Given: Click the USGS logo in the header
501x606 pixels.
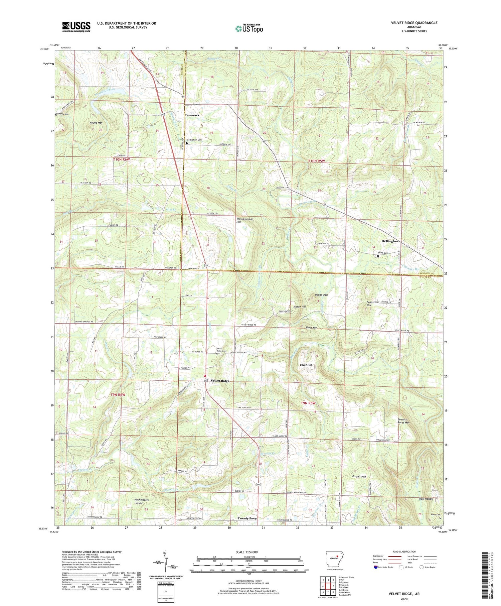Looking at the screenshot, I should tap(76, 26).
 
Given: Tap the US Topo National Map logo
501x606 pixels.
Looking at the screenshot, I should tap(249, 28).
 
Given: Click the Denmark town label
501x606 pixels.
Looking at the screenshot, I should tap(192, 115).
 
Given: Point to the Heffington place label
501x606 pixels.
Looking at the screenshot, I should tap(389, 241).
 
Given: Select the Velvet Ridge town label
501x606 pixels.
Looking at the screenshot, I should tap(220, 381).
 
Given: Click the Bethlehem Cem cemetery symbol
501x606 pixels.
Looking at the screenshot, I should tap(187, 143).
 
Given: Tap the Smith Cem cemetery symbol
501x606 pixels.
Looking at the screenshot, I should tap(378, 256).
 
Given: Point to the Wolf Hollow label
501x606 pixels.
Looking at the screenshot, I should tap(426, 499).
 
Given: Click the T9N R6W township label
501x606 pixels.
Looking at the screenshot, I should tap(118, 395).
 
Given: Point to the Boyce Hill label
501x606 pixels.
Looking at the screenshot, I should tap(306, 365).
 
